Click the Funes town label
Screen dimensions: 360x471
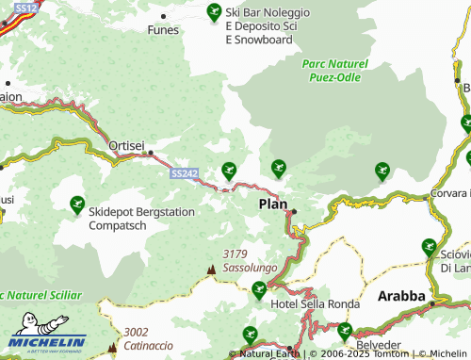[162, 29]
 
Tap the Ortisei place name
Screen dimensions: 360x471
[126, 146]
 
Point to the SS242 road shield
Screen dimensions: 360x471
[185, 173]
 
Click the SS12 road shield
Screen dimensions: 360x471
[26, 8]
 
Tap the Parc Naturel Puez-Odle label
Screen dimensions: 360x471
[334, 71]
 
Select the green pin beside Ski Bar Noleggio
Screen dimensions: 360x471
[213, 12]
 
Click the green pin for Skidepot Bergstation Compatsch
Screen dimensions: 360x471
[76, 203]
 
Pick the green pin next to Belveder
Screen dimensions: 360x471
[345, 330]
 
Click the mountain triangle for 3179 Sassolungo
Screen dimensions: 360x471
[211, 270]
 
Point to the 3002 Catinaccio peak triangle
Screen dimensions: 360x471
[112, 347]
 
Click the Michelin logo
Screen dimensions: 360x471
[47, 340]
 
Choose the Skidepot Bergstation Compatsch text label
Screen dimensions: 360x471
[141, 219]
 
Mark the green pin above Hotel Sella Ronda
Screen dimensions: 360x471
[259, 288]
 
